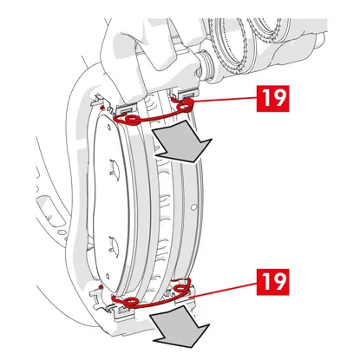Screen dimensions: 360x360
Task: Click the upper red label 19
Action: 272,98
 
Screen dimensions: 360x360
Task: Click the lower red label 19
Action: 272,282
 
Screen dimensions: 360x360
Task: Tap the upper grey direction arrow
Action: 182,141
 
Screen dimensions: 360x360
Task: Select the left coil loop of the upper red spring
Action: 132,119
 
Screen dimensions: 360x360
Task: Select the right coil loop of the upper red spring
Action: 185,106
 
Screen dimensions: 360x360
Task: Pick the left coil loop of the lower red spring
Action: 128,302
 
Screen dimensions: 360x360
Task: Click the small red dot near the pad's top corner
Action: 101,108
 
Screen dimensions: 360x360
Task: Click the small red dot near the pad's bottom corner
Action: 101,287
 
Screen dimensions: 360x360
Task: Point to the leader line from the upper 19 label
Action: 225,100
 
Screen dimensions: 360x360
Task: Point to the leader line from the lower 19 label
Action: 223,290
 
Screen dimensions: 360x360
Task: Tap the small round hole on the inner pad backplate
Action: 194,206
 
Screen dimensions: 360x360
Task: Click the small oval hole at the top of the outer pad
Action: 108,128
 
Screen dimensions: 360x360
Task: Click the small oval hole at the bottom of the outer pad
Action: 107,276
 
